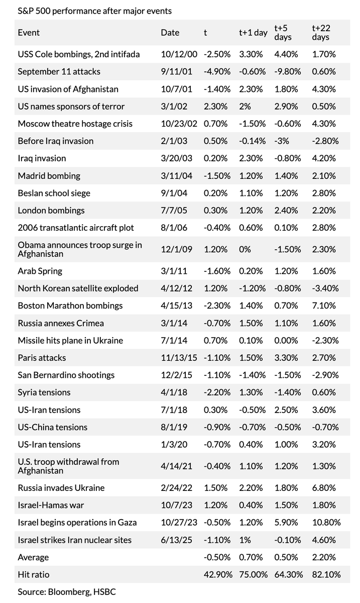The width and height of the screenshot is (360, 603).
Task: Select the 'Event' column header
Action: [x=29, y=33]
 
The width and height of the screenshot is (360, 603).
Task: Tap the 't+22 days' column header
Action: [x=320, y=33]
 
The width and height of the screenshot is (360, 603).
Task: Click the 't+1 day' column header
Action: [x=253, y=33]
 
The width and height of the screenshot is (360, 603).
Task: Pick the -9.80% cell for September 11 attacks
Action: [x=287, y=71]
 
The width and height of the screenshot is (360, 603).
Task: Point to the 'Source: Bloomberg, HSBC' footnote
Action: [x=66, y=592]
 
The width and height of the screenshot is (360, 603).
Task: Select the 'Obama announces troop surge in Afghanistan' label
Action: [x=80, y=249]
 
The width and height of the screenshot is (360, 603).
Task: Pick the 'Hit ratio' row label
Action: [x=34, y=574]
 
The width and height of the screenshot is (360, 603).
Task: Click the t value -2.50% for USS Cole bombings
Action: [x=217, y=54]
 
